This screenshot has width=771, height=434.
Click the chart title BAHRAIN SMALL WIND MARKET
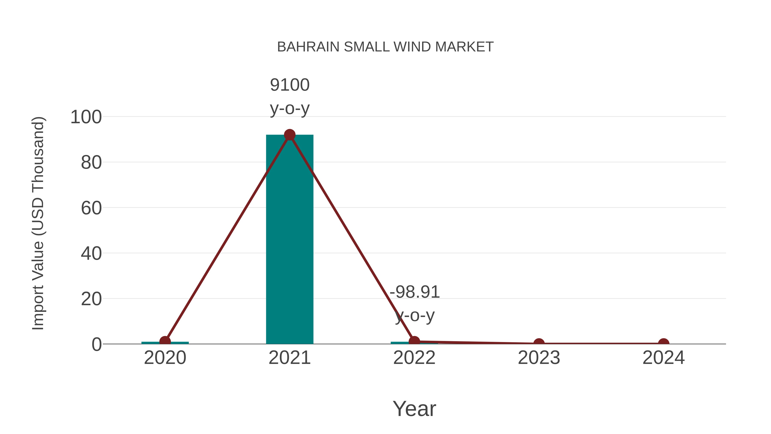[x=385, y=47]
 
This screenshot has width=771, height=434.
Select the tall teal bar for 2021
[x=289, y=240]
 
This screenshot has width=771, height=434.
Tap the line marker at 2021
[x=289, y=135]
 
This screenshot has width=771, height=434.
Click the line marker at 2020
[x=165, y=341]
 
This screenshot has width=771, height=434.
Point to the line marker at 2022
[x=414, y=341]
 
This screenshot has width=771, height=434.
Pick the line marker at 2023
[x=539, y=343]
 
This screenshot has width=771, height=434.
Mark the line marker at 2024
[x=663, y=343]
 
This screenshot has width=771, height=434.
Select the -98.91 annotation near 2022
[x=415, y=292]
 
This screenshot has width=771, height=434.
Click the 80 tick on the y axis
[x=91, y=163]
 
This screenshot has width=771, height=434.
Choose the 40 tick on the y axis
[x=91, y=254]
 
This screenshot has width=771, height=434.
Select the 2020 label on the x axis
[x=165, y=358]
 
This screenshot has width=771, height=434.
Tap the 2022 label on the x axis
[x=414, y=358]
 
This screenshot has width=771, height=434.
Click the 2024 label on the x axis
[x=663, y=358]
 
